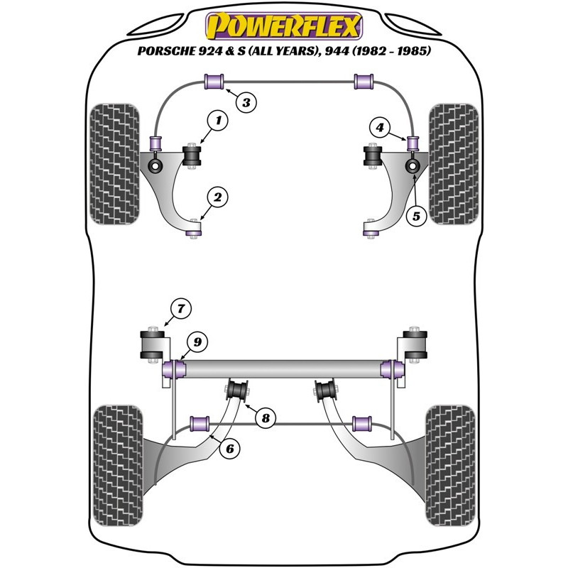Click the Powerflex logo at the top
click(x=283, y=27)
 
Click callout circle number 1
click(x=219, y=122)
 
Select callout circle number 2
click(x=219, y=197)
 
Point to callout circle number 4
click(x=381, y=128)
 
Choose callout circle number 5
click(x=417, y=214)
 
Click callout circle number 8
click(x=266, y=418)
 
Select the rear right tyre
click(x=449, y=465)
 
